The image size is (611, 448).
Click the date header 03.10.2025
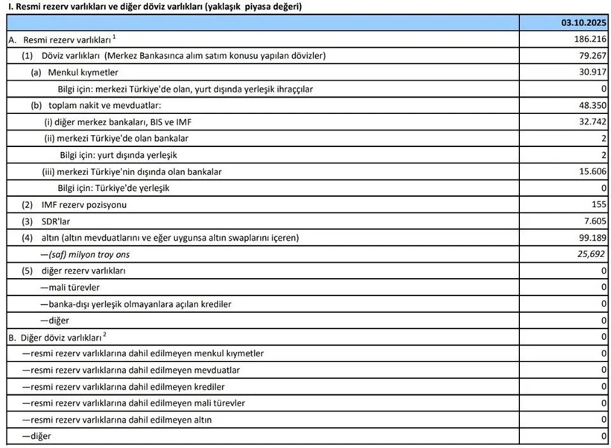click(584, 22)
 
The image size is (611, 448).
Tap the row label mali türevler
click(71, 287)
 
